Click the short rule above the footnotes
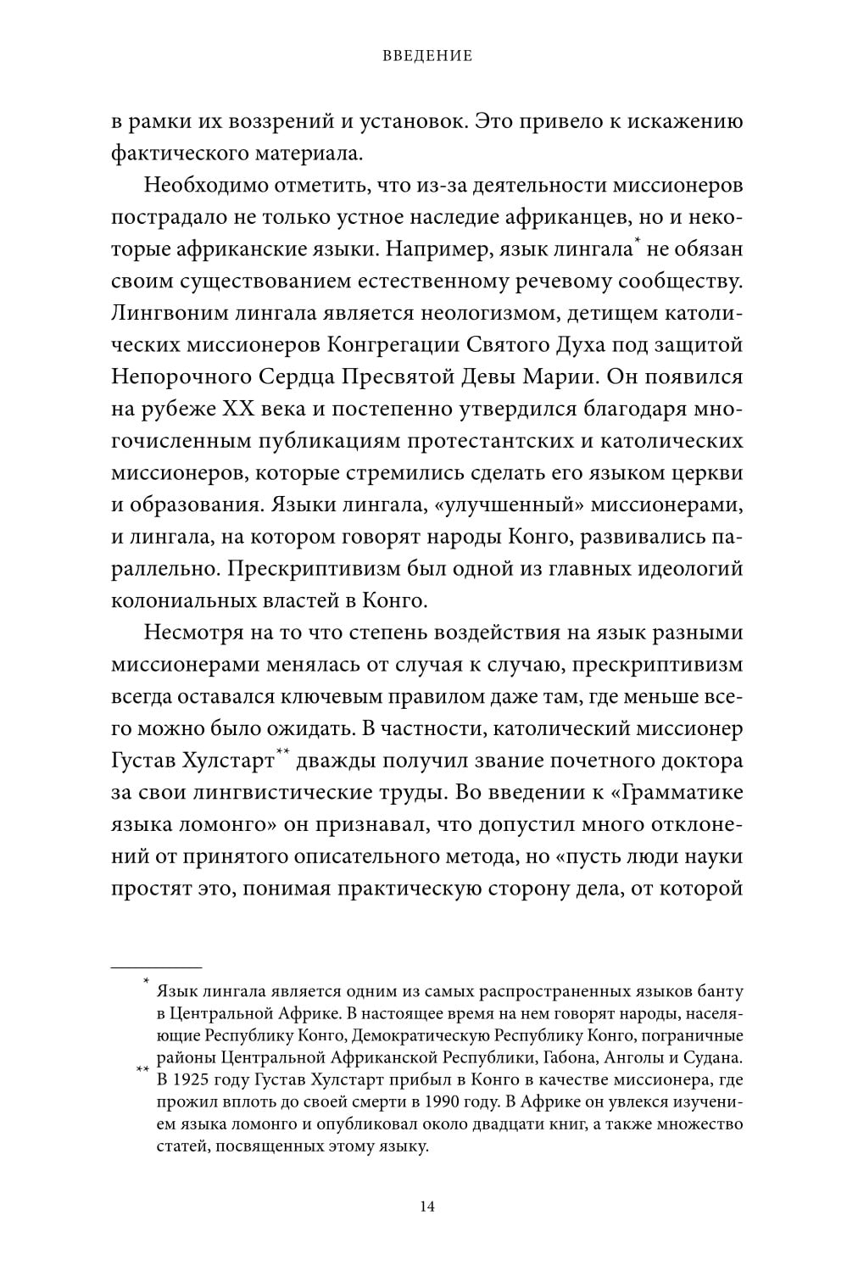157,967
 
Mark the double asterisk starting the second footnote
142,1070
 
